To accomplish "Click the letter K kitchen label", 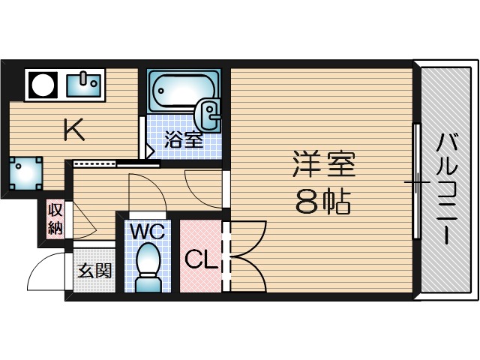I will tap(73, 130).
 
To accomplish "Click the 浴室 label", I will tap(184, 139).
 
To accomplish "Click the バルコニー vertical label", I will tap(448, 187).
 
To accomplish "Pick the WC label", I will tap(147, 231).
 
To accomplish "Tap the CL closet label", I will tap(200, 260).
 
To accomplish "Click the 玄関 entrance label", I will tap(94, 269).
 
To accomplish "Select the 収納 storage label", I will tap(55, 218).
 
